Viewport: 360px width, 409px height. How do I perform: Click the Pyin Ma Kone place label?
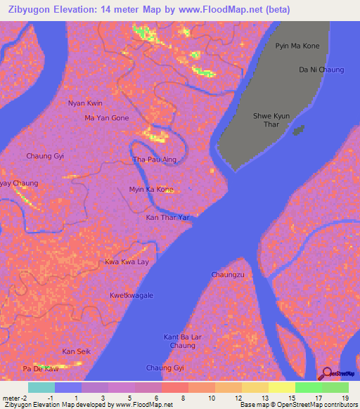tap(297, 46)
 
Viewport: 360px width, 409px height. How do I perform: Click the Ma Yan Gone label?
tap(107, 118)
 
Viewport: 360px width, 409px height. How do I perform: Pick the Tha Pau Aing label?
tap(154, 160)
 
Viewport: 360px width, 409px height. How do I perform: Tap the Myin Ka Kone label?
tap(151, 190)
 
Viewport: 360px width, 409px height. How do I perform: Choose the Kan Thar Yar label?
tap(168, 218)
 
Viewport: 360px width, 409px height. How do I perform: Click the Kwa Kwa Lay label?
tap(127, 262)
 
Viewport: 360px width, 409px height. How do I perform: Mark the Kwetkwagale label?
tap(131, 296)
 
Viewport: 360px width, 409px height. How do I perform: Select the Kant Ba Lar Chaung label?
tap(183, 342)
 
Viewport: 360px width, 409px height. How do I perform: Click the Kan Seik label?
tap(77, 351)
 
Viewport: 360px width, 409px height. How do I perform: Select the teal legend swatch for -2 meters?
tap(41, 387)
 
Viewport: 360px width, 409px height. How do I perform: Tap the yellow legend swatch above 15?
tap(281, 387)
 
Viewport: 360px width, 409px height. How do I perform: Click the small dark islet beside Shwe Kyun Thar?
tap(299, 130)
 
